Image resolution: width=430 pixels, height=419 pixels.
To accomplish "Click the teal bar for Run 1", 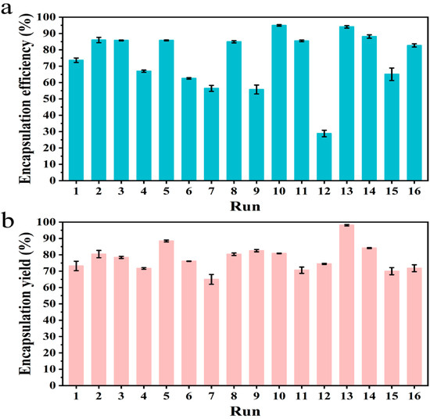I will coord(76,120).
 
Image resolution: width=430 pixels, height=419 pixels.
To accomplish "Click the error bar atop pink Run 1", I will coord(76,267).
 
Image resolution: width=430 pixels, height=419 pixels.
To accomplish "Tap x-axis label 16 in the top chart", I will coord(414,192).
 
